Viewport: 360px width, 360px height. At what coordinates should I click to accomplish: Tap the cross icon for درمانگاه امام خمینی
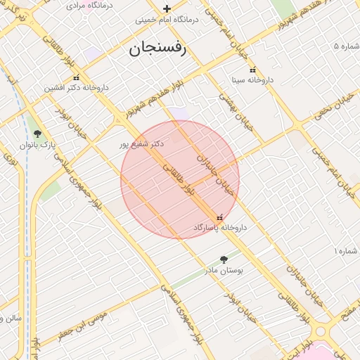click(167, 9)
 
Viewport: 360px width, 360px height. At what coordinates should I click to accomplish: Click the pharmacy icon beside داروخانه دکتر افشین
click(76, 77)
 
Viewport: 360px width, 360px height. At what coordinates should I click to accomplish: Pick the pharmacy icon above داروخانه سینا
click(252, 69)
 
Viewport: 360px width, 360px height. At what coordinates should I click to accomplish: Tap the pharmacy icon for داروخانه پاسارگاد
click(220, 217)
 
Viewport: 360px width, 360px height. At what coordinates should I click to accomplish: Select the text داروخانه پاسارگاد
click(220, 228)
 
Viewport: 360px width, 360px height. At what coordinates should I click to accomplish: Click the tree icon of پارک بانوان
click(37, 133)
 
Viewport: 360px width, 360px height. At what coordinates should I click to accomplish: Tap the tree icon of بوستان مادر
click(224, 259)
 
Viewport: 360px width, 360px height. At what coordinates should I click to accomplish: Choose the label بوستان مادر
click(224, 270)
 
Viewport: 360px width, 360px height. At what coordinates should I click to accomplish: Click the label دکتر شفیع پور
click(141, 143)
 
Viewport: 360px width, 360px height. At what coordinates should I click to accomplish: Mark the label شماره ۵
click(349, 46)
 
